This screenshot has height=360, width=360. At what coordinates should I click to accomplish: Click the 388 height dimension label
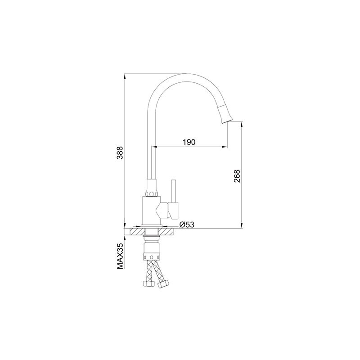coord(120,153)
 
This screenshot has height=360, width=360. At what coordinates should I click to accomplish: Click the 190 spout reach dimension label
coord(189,142)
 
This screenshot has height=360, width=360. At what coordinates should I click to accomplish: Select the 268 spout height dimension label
coord(237,176)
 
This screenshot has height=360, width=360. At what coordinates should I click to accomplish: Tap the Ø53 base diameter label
coord(187,225)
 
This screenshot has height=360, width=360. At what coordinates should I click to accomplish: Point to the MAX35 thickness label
coord(120,256)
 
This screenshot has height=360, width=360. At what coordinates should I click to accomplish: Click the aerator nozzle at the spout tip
coord(225,113)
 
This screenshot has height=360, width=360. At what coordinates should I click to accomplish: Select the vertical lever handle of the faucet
coord(174,199)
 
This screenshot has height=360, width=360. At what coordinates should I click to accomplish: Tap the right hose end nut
coord(163,284)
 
